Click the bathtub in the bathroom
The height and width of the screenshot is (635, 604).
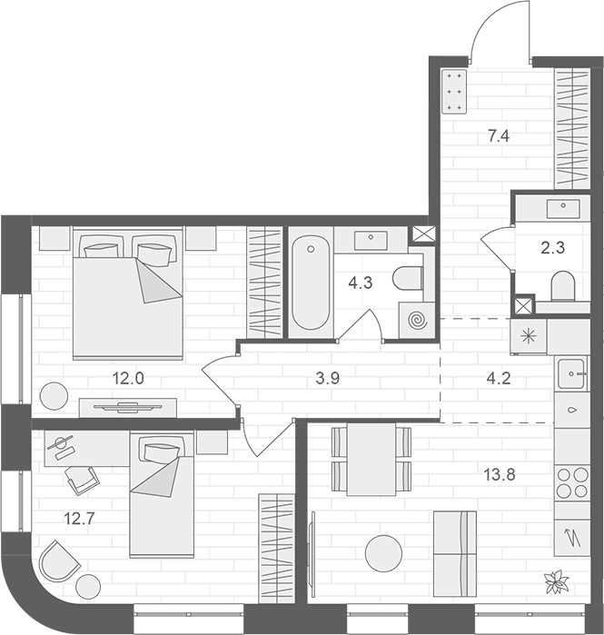[x=311, y=281]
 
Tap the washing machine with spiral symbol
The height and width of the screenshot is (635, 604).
[x=417, y=321]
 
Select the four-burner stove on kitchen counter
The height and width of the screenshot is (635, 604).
[x=572, y=481]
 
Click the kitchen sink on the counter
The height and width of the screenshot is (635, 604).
[x=572, y=372]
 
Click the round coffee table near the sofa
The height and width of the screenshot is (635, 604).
[x=383, y=553]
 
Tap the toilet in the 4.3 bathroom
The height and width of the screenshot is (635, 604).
[x=410, y=279]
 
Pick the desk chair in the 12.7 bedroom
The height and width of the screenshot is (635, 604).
[x=82, y=479]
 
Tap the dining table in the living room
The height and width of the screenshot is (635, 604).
[x=371, y=460]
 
